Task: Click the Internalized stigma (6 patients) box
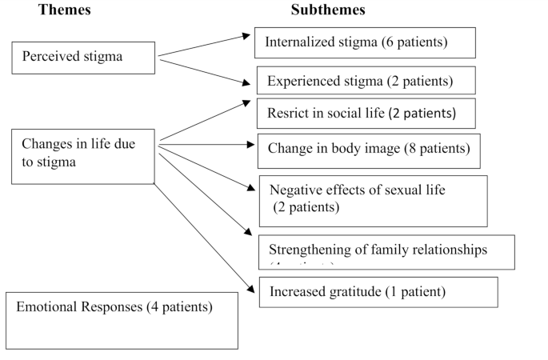point(365,42)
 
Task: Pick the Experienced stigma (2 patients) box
point(366,81)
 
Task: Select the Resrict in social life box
point(366,113)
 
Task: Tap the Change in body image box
point(368,150)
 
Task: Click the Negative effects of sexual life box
point(372,200)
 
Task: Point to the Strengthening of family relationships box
point(386,251)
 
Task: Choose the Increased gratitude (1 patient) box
point(378,292)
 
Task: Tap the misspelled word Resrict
point(286,113)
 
